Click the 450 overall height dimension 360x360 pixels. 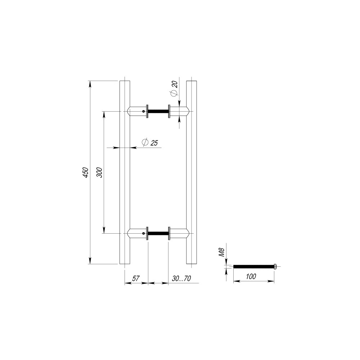[x=85, y=172]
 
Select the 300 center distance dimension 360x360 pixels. [x=99, y=172]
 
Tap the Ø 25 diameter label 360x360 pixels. [x=150, y=143]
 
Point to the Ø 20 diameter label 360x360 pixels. [x=174, y=89]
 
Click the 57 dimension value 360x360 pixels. [x=136, y=279]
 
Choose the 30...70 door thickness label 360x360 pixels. [x=181, y=279]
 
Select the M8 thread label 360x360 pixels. [x=221, y=252]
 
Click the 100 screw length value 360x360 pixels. [x=251, y=276]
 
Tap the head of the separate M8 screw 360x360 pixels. [x=275, y=266]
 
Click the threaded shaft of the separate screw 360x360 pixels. [x=254, y=266]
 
